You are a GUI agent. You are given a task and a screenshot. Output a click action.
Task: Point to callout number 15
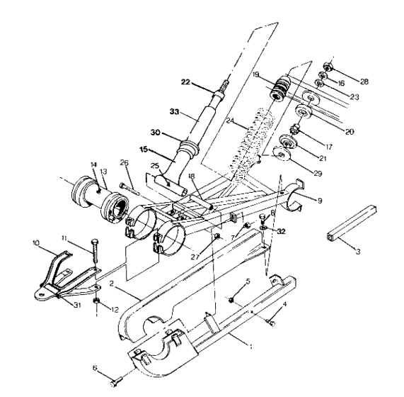point(144,150)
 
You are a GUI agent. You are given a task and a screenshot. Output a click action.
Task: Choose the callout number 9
point(320,201)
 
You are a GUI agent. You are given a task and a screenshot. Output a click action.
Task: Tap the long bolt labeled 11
point(94,257)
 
